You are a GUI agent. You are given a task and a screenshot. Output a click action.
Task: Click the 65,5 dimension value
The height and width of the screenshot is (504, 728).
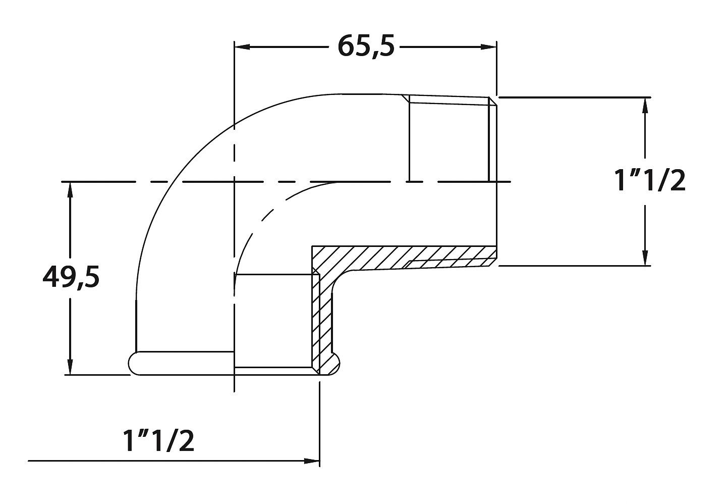(366, 46)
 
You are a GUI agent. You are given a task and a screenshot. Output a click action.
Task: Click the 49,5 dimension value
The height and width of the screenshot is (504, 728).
(71, 277)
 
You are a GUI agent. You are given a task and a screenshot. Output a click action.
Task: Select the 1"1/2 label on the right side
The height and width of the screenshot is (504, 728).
(650, 181)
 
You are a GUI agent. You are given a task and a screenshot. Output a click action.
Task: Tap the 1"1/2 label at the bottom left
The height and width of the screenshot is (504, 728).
(158, 441)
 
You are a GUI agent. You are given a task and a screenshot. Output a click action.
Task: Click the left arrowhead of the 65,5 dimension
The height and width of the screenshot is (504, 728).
(242, 47)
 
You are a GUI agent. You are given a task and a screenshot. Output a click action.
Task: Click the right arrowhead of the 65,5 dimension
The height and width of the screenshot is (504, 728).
(488, 47)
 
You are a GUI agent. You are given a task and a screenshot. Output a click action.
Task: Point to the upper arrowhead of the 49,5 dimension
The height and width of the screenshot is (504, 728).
(70, 190)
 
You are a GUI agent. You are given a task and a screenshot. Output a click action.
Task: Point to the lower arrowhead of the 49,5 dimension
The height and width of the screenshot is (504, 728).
(70, 367)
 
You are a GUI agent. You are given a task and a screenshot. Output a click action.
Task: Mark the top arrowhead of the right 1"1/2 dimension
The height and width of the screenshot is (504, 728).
(645, 105)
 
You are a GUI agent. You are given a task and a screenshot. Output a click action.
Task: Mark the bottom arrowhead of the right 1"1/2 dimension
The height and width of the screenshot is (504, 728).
(645, 258)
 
